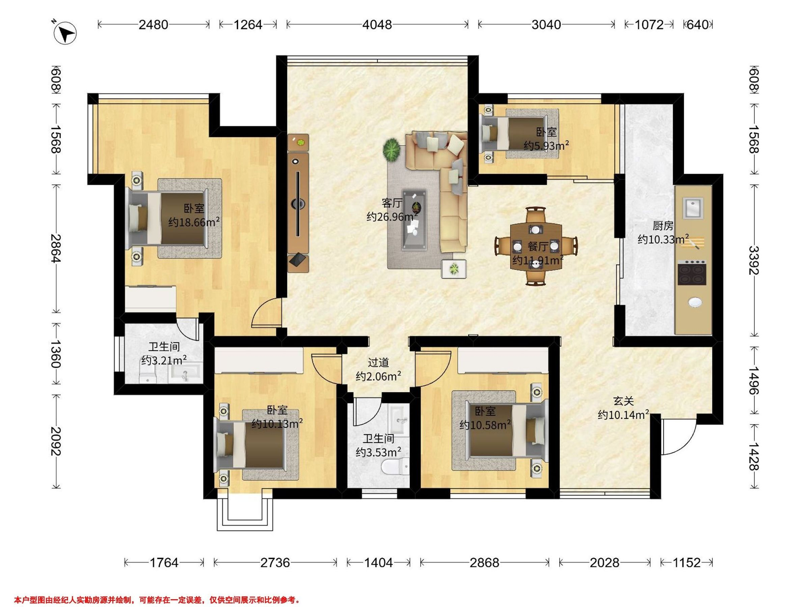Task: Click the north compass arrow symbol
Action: coord(65,34)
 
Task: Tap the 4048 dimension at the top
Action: coord(377,25)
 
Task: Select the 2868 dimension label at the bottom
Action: coord(484,562)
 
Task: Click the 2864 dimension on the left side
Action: coord(56,248)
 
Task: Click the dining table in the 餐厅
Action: coord(536,246)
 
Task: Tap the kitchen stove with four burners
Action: coord(692,272)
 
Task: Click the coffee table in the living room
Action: coord(414,220)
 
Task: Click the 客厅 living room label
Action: coord(392,203)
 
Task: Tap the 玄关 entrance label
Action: coord(623,401)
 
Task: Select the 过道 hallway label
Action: coord(378,362)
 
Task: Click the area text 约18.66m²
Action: coord(194,222)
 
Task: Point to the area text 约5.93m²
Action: coord(546,146)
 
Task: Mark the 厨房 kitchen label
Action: coord(663,225)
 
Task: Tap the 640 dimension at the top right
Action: coord(698,25)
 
